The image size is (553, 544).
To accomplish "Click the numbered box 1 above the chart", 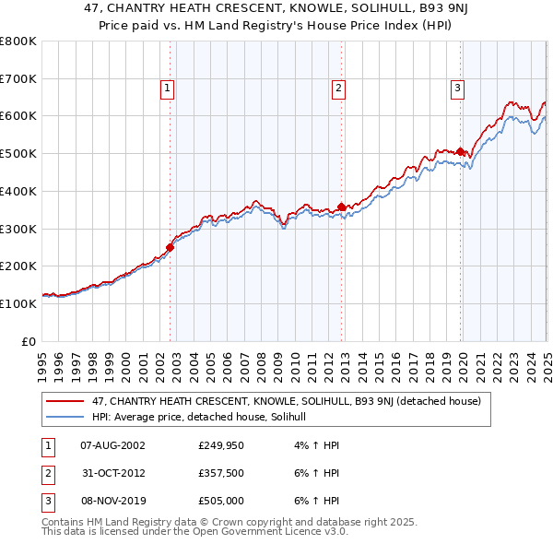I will (x=168, y=89).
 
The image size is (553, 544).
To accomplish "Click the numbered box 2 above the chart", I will (x=339, y=89).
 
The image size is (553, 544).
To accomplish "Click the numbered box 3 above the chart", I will (x=457, y=89).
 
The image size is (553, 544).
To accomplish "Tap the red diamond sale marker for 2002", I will (x=170, y=247).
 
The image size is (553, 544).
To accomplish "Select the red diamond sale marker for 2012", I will (x=342, y=207).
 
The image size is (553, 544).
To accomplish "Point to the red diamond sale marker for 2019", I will (x=460, y=150).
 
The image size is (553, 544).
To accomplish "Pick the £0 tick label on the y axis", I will (x=28, y=341).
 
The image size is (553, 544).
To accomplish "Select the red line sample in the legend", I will (x=66, y=401).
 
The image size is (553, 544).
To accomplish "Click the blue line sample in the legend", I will (x=66, y=417).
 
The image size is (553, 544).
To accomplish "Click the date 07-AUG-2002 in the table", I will (x=112, y=445).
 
